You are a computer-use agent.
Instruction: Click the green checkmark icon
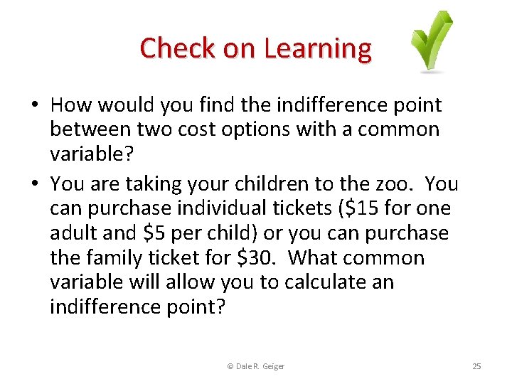[432, 41]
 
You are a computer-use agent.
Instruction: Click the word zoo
[395, 184]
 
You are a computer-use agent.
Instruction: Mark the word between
[90, 129]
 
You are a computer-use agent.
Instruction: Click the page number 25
[476, 366]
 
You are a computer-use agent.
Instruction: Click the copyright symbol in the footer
[230, 366]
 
